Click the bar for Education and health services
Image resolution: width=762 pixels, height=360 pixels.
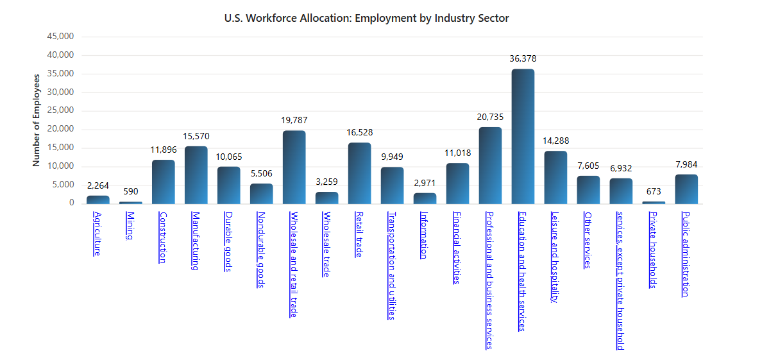[523, 136]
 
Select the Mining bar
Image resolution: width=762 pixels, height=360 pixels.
[131, 203]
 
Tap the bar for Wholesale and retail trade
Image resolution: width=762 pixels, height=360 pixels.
[294, 167]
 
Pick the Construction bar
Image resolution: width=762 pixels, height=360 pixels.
[164, 182]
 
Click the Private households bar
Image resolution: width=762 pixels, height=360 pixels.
[654, 203]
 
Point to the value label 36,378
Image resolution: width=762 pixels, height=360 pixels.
[523, 58]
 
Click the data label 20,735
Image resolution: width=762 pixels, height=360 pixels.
[490, 117]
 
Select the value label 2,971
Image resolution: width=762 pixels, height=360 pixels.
[425, 183]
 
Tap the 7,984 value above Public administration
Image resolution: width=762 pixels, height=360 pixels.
[686, 164]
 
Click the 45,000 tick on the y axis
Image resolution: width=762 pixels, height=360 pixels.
[62, 36]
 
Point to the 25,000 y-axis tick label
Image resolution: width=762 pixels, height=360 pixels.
[62, 110]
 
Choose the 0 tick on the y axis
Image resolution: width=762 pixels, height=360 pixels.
[71, 203]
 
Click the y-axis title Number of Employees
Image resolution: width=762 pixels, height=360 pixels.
[37, 120]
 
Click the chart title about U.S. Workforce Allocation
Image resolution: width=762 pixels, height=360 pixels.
[366, 18]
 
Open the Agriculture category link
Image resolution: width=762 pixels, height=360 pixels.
[97, 233]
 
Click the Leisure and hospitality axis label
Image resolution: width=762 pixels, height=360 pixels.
[555, 257]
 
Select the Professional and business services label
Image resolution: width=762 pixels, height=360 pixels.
[489, 280]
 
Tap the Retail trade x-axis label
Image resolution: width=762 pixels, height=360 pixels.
[359, 234]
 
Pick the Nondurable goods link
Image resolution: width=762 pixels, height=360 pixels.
[260, 250]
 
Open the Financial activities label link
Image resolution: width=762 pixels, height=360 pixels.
[457, 247]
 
